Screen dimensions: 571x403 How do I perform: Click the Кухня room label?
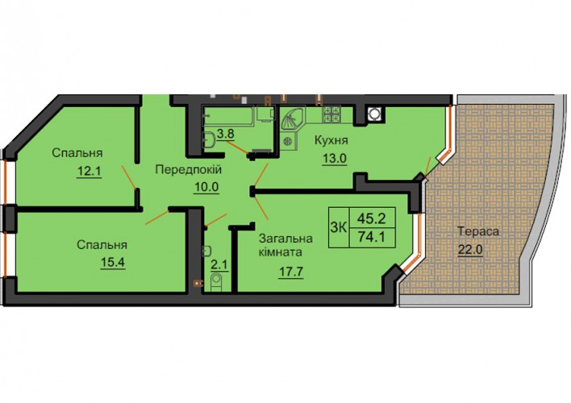(331, 140)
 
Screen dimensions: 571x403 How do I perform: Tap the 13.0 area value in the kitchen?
(335, 158)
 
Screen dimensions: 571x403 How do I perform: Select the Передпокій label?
(188, 169)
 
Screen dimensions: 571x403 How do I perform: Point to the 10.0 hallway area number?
(206, 187)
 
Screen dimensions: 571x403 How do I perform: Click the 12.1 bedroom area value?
(89, 170)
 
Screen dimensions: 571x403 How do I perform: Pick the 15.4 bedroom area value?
(113, 262)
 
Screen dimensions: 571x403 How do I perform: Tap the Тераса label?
(478, 231)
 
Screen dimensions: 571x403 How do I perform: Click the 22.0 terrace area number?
(470, 250)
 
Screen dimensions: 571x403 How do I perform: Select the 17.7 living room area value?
(291, 272)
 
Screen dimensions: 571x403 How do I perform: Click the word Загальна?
(285, 239)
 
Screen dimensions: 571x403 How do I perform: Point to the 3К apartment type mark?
(338, 227)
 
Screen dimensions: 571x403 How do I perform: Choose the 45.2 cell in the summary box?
(372, 218)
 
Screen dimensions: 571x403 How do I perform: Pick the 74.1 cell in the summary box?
(372, 237)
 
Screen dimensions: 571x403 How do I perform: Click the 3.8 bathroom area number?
(225, 134)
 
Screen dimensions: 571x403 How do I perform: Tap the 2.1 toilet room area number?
(219, 264)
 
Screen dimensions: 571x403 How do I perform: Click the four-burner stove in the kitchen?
(331, 114)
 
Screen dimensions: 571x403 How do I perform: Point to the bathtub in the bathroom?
(228, 116)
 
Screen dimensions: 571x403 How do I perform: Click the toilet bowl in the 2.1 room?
(216, 283)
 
